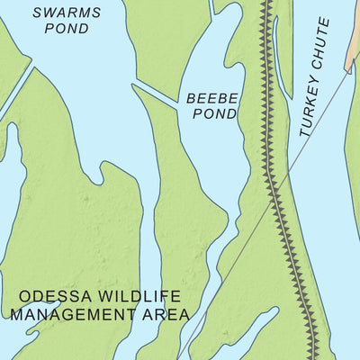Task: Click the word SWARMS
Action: pyautogui.click(x=66, y=12)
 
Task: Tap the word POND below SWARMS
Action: pyautogui.click(x=66, y=29)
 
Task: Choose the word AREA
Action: pyautogui.click(x=170, y=314)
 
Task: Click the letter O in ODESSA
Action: pyautogui.click(x=24, y=296)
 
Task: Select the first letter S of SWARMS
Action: pyautogui.click(x=37, y=12)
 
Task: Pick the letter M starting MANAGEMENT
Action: pyautogui.click(x=16, y=314)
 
